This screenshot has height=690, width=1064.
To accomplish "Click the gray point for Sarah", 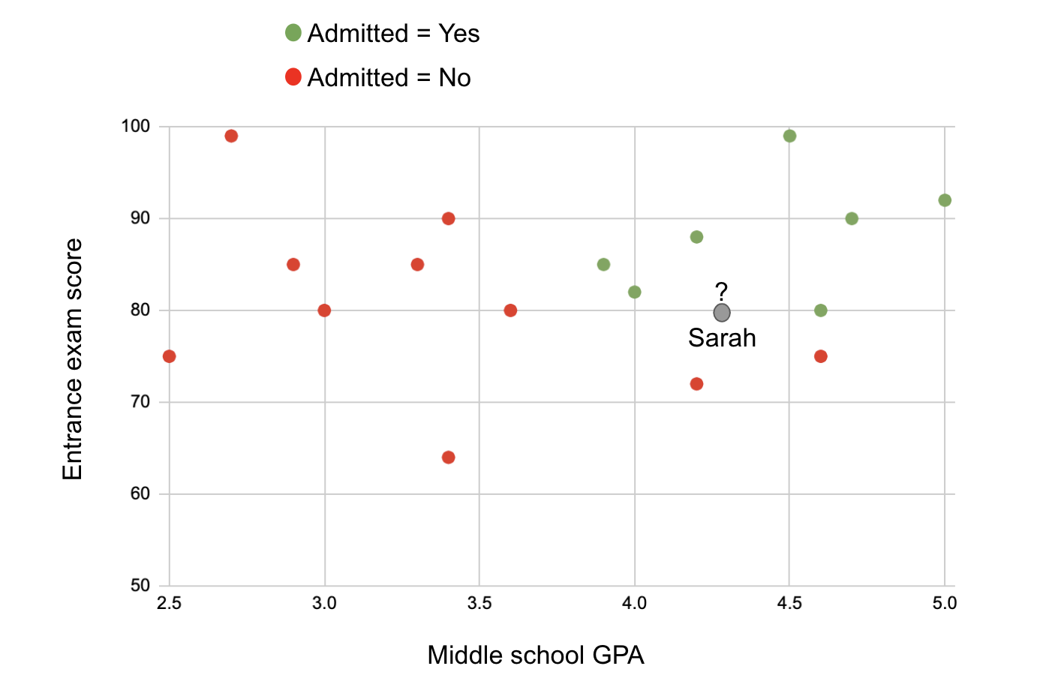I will [x=722, y=313].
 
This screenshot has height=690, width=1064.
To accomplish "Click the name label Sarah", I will [x=722, y=338].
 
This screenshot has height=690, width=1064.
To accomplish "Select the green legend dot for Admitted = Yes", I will [x=293, y=33].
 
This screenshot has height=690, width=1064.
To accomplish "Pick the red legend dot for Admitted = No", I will [x=293, y=77].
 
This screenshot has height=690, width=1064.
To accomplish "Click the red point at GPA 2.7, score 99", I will [x=231, y=136].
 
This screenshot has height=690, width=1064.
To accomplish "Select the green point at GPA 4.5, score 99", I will [x=789, y=136].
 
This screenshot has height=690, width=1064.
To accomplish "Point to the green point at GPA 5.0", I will [x=945, y=200].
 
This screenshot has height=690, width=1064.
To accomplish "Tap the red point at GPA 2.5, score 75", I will [x=170, y=356].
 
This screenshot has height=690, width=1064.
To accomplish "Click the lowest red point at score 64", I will [x=449, y=457].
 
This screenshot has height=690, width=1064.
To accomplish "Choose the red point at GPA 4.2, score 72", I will [x=696, y=384].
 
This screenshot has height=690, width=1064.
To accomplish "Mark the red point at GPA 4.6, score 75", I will [x=821, y=356].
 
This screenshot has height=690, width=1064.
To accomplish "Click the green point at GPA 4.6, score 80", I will [x=821, y=310].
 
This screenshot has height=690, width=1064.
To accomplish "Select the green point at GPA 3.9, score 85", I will [x=603, y=265].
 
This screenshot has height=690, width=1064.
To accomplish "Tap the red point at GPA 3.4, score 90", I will [x=449, y=219].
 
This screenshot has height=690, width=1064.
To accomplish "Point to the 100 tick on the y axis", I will [x=136, y=126].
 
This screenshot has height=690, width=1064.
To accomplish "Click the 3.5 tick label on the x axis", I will [x=479, y=604].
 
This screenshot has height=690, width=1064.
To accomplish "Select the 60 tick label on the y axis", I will [x=140, y=493].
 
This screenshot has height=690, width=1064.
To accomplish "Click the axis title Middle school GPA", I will [x=536, y=655].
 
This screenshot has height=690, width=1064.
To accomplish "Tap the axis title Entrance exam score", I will [x=73, y=360].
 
